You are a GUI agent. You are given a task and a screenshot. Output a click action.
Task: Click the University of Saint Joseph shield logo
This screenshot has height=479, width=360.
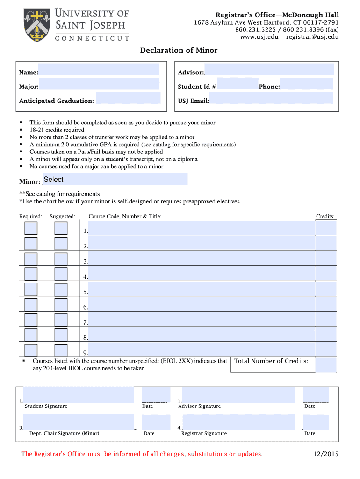coord(36,25)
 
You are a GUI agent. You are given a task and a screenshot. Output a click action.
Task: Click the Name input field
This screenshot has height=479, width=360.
coord(99,70)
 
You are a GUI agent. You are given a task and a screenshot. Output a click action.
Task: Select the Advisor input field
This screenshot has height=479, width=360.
coord(269,70)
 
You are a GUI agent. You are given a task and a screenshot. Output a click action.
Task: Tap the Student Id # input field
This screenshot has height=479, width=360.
coord(238,84)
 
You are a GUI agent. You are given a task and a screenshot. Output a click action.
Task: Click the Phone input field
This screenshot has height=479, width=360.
coord(306,84)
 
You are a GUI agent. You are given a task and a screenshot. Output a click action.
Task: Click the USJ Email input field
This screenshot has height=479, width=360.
coord(271,98)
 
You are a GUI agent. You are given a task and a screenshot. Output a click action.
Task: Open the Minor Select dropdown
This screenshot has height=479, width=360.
coord(115,180)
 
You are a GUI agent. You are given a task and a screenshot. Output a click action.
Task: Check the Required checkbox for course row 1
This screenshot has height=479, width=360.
coord(31,228)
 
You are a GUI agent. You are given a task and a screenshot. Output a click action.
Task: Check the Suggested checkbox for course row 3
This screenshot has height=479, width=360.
coord(61,259)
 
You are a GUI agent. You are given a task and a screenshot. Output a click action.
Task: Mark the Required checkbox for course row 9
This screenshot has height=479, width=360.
coord(31,350)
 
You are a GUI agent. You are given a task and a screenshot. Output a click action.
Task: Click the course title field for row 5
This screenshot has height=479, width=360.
coord(201,289)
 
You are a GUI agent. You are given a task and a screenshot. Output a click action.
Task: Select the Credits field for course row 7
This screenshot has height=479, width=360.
coord(326,319)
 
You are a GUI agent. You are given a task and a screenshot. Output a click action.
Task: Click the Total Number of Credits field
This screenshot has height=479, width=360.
coord(326,365)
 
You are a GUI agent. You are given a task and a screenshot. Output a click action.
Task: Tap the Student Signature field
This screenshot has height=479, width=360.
coord(78,395)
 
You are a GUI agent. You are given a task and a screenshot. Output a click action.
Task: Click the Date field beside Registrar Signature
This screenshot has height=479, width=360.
coord(316,422)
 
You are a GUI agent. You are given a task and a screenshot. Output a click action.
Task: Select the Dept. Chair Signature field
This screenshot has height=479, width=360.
coord(78,422)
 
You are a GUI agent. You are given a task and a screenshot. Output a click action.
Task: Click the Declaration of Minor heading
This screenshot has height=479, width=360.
coord(179,51)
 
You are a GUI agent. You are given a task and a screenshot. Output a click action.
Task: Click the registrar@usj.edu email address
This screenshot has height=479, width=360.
coord(312,37)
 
